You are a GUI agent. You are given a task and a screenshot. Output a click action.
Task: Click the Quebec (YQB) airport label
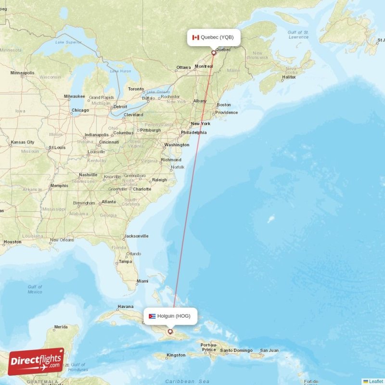pos(217,37)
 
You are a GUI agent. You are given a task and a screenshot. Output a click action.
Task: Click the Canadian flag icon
pos(196,38)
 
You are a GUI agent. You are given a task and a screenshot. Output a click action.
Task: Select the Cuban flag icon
pos(152,316)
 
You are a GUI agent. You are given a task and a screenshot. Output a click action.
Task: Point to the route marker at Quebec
pos(214,53)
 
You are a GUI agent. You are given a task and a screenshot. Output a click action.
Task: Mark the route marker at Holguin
pos(170,332)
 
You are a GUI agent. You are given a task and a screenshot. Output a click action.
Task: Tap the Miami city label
pos(142,281)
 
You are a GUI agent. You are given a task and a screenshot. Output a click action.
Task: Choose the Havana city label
pos(126,307)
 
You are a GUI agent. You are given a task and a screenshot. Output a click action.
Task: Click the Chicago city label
pos(80,110)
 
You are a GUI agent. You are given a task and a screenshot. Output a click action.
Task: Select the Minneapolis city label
pos(22,73)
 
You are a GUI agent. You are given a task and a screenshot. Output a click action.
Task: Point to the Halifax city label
pos(289,77)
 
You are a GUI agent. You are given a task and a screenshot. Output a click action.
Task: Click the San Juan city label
pos(269,350)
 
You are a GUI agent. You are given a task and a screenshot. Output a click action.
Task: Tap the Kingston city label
pos(176,355)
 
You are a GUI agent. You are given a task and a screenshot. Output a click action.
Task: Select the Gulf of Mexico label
pos(35,289)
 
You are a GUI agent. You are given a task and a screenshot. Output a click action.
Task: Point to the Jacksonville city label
pos(136,236)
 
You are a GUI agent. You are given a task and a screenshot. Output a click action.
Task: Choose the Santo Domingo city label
pos(236,350)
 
